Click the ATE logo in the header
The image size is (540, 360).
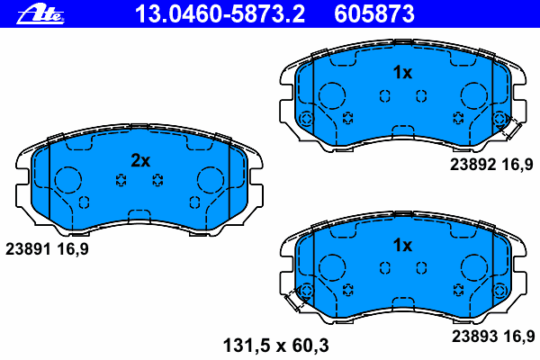click(x=40, y=15)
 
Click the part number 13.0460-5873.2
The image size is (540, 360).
click(x=220, y=14)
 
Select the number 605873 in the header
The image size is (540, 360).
click(x=374, y=14)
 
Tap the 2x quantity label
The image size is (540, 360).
click(x=140, y=160)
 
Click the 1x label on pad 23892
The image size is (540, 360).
click(x=402, y=72)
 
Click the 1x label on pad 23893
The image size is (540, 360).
click(x=402, y=246)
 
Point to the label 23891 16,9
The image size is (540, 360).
click(x=47, y=248)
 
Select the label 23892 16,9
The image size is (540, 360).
click(x=491, y=165)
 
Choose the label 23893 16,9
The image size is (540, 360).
click(x=493, y=337)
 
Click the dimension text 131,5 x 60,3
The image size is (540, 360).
click(x=276, y=346)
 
